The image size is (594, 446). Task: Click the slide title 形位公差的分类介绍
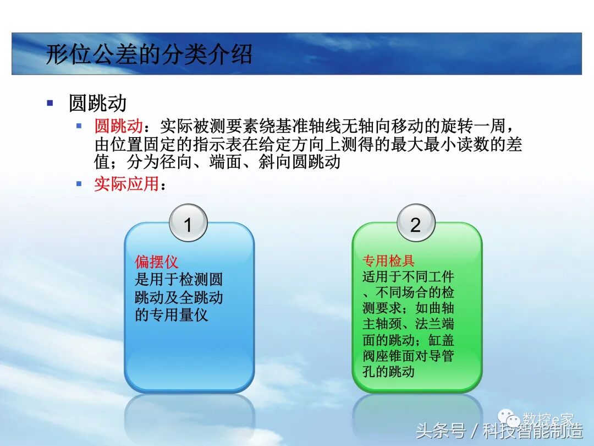click(149, 55)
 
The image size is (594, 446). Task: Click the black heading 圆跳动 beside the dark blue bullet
click(97, 103)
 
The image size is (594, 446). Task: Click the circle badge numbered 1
click(188, 225)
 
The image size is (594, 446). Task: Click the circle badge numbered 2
click(416, 224)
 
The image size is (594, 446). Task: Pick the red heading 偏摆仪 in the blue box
click(157, 262)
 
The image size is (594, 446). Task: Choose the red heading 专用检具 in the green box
click(388, 260)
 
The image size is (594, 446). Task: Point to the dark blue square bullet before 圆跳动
click(51, 102)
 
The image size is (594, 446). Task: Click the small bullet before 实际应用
click(79, 183)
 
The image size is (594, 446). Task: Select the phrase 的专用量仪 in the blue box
click(172, 316)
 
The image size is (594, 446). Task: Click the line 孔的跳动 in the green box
click(388, 371)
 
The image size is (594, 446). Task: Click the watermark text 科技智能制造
click(533, 430)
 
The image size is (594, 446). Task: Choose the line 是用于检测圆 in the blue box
click(179, 280)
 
